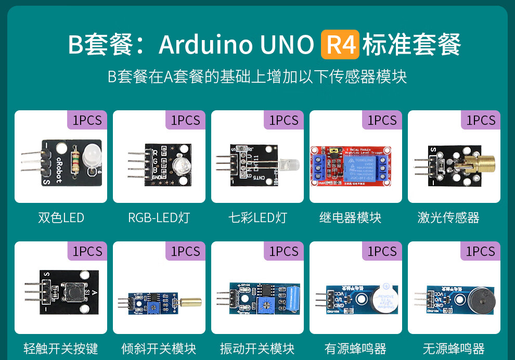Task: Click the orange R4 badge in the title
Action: [x=340, y=44]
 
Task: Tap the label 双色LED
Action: [x=61, y=217]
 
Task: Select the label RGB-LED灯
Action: [x=159, y=217]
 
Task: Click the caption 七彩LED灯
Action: [x=257, y=217]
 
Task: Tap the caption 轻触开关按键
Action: [x=61, y=348]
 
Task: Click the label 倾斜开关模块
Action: [x=159, y=348]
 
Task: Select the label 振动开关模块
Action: [x=257, y=348]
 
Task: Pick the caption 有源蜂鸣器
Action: [x=355, y=348]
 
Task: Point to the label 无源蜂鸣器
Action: [x=454, y=348]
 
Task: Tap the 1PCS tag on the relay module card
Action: [x=382, y=120]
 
